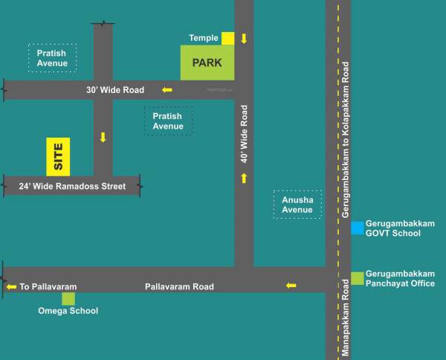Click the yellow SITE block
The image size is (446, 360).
pos(58,156)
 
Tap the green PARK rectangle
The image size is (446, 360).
pos(207,62)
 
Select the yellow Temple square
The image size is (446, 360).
pos(227,38)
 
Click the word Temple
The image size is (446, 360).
pos(204,38)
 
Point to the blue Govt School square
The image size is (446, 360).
pos(358,228)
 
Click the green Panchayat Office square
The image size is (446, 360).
pos(358,277)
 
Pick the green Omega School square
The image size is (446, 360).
pos(68,298)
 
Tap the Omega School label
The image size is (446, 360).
pos(68,311)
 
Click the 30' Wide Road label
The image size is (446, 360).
pos(114,90)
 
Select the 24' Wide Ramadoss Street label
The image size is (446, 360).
pos(72,186)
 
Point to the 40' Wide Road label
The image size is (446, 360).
pos(244,134)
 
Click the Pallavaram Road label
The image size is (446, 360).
pos(179,286)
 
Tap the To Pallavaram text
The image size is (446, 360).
pos(48,286)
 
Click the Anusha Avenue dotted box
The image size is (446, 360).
pos(297,205)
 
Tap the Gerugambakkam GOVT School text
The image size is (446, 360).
pos(392,228)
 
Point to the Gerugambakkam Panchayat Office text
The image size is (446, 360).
pos(400,279)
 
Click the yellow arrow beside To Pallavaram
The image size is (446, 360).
pos(11,286)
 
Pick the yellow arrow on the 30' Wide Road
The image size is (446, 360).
pos(167,90)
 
